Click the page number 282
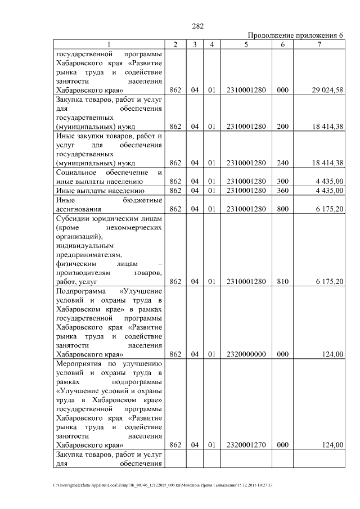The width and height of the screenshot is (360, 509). [x=197, y=26]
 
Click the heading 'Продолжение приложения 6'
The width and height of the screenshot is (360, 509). [x=295, y=35]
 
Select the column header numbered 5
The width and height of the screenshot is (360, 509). [x=246, y=44]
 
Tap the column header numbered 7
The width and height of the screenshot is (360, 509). [x=319, y=44]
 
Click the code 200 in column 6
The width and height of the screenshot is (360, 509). [x=283, y=127]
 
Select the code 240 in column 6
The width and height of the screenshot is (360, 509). [x=283, y=163]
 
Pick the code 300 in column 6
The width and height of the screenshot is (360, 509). [x=283, y=181]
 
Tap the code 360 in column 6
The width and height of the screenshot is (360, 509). [x=283, y=190]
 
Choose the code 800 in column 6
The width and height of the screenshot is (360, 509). [x=283, y=209]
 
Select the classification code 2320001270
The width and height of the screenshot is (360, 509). [x=246, y=445]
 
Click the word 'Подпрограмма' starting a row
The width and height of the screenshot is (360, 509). [x=79, y=291]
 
